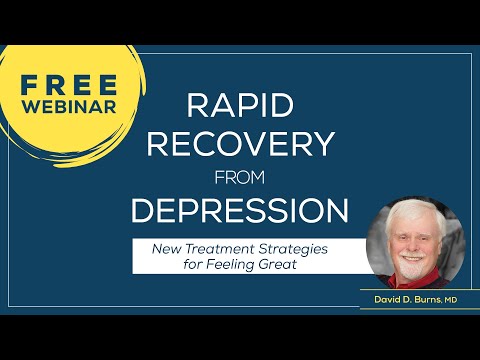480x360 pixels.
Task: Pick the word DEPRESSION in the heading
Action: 240,212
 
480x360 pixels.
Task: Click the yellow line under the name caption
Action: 420,308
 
